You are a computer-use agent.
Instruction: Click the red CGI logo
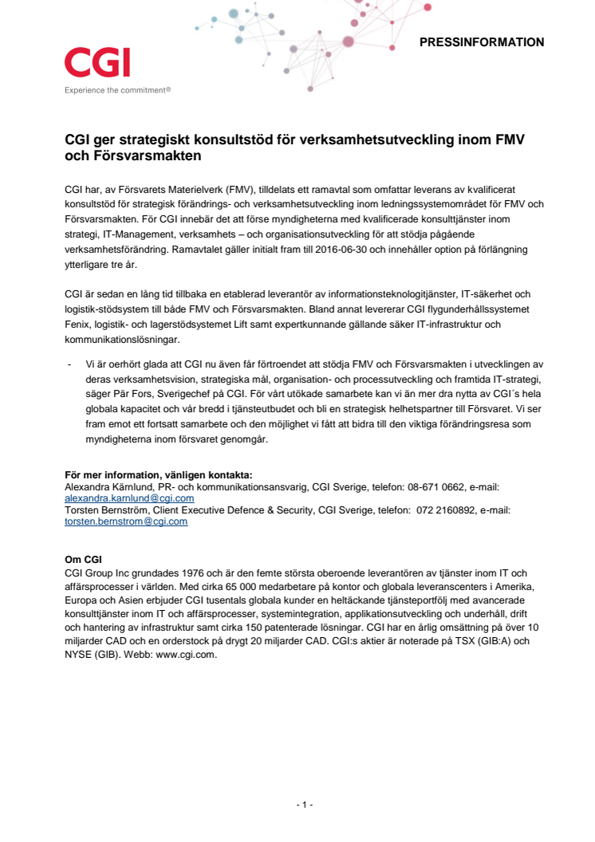97,63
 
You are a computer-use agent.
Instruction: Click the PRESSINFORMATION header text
482,42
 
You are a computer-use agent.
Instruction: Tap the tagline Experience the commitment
117,90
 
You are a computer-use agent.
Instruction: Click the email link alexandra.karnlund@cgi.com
128,498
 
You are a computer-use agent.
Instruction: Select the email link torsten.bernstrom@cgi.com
125,521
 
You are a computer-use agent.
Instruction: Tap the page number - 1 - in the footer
303,805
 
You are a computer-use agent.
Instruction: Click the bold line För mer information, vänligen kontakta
158,474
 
